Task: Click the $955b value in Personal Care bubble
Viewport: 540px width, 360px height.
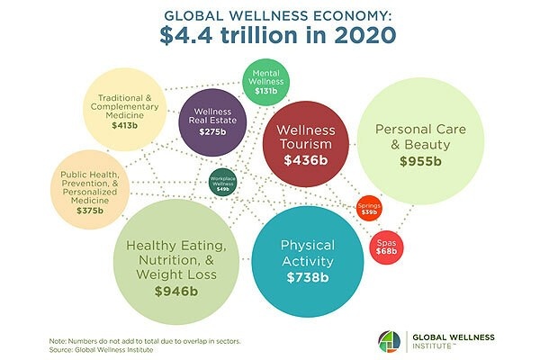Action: click(x=421, y=162)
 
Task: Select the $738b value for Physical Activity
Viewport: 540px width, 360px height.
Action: click(x=308, y=277)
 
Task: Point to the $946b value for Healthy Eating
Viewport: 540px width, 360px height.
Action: click(x=176, y=292)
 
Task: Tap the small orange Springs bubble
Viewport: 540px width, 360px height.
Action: click(x=369, y=208)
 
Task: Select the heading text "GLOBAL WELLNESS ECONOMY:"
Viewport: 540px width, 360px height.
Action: click(x=270, y=14)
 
